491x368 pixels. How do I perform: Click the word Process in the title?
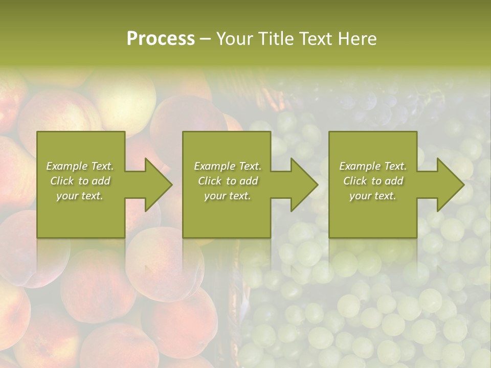161,39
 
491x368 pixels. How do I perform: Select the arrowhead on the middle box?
303,185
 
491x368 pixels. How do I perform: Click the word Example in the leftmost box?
66,166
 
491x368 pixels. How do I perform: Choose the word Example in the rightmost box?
360,166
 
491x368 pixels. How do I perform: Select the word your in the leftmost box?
66,196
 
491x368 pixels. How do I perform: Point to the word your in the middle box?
214,196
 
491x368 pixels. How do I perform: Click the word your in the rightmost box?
360,196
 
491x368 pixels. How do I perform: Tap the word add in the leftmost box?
101,181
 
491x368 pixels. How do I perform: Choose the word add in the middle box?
249,181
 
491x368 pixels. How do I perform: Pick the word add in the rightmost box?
394,181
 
